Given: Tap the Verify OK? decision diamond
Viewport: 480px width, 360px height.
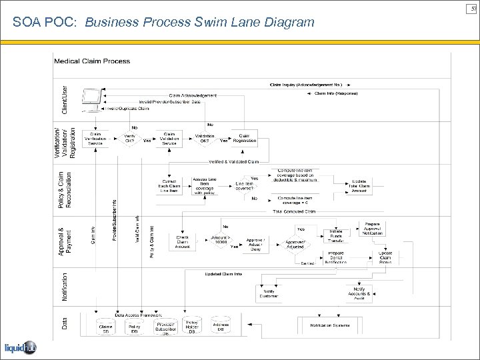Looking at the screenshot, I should (129, 139).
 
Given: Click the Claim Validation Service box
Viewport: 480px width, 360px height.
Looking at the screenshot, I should (169, 138).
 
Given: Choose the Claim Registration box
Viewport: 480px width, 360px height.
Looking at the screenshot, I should (244, 138).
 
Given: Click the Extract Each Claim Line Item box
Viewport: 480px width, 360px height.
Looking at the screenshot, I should (169, 187).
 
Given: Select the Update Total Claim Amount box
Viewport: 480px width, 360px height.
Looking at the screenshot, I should (359, 187).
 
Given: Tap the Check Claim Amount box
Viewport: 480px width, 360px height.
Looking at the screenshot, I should (183, 241).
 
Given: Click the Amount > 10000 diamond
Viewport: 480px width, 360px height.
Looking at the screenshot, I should (219, 240).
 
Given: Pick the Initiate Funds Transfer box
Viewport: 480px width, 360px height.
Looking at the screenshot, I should (335, 235).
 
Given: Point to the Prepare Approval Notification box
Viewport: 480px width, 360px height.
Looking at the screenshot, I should (373, 229).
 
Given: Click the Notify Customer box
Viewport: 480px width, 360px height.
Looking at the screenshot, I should (269, 293).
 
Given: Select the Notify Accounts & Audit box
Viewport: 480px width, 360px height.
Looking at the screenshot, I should (359, 293).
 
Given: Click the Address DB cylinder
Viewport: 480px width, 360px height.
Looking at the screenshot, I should (221, 327).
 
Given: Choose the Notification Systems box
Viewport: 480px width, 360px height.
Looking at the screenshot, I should (329, 325).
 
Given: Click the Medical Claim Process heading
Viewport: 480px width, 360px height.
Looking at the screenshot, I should (92, 61).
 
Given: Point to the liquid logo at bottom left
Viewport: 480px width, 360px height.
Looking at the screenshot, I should (20, 348).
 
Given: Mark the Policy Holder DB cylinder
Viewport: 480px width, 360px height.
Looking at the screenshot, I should (192, 327).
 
